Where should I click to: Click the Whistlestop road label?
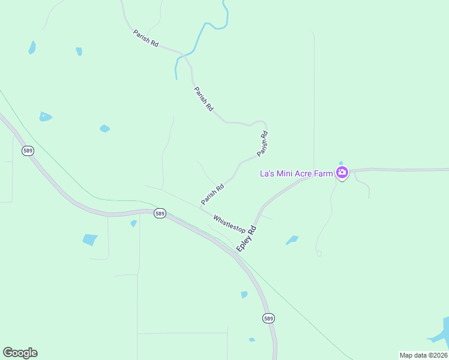229,223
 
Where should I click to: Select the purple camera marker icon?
342,173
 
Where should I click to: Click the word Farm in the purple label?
324,173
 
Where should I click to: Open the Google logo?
20,353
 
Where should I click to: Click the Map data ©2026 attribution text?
423,355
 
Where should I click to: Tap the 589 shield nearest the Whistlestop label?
159,214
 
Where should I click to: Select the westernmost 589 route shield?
28,151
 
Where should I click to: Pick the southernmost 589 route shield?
268,318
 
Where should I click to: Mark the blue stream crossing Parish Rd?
185,56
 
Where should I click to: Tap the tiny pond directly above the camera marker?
341,163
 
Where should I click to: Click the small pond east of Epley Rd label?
292,240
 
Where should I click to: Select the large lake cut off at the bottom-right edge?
442,333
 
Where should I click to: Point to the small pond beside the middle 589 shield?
133,223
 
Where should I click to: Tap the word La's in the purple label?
267,173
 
